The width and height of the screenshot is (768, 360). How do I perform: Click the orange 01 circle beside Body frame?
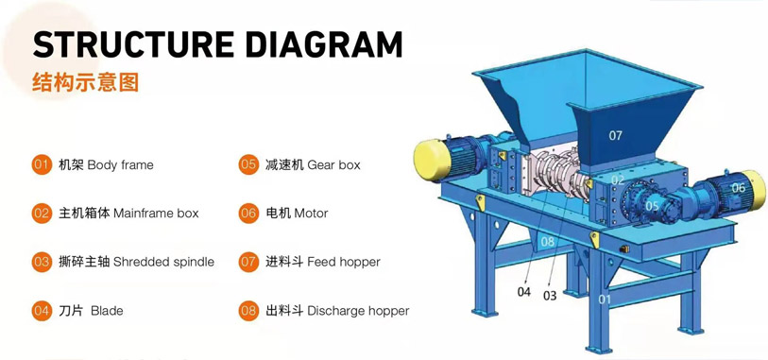click(41, 164)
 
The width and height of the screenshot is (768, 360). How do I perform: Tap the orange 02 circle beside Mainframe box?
click(41, 214)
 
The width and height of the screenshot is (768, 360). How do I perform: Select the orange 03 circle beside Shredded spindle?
click(41, 262)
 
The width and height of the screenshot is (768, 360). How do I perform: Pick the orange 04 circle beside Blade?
click(41, 310)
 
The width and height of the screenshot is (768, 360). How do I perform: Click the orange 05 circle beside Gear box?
click(248, 164)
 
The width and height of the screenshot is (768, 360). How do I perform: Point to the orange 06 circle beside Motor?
click(248, 214)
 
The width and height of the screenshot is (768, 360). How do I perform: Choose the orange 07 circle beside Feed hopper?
click(248, 262)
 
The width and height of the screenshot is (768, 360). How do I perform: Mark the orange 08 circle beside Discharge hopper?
click(248, 310)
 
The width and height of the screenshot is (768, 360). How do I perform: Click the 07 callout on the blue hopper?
click(615, 136)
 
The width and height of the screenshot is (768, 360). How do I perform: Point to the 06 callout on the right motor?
click(738, 188)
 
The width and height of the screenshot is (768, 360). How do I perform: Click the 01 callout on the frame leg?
click(606, 300)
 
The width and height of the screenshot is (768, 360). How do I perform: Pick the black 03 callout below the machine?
click(549, 295)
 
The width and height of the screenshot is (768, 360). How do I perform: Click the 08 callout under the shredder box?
click(547, 242)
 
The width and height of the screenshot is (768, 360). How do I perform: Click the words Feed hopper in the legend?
click(343, 262)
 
